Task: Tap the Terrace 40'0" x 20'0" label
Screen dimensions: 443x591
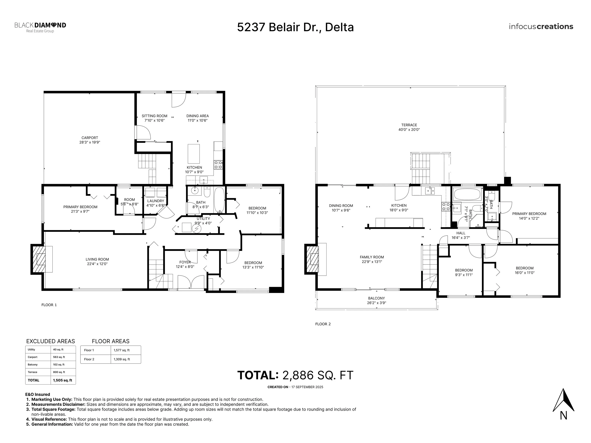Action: click(409, 127)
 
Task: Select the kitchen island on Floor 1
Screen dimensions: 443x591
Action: click(194, 154)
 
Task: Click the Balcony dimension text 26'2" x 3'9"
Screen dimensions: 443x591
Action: click(376, 303)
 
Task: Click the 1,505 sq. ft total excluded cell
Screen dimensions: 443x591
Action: click(63, 380)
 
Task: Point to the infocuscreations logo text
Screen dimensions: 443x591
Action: click(541, 27)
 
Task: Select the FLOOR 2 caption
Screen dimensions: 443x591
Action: click(323, 324)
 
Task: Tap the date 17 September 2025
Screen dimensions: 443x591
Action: click(307, 387)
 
